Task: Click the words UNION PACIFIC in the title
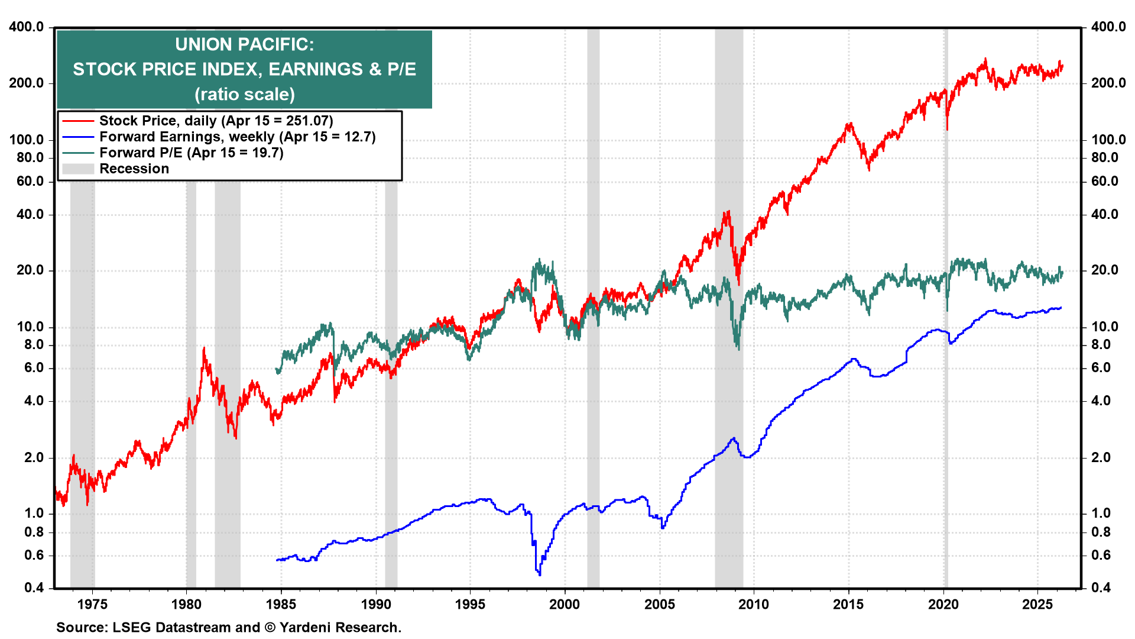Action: [244, 44]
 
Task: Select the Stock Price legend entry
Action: [216, 121]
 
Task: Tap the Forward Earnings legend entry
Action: [237, 137]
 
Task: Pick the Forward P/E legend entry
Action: [191, 153]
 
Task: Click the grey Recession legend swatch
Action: [78, 169]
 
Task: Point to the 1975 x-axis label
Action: [92, 604]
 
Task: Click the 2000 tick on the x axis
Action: [565, 604]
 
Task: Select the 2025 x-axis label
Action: [1037, 604]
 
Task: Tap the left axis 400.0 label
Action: [27, 27]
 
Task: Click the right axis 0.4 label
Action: [1101, 588]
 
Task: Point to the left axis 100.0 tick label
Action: [27, 140]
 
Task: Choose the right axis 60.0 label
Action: [1104, 181]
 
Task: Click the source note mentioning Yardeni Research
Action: [229, 627]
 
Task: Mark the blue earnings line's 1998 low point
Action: [539, 573]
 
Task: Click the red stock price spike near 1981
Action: [204, 349]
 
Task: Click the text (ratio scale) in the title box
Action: [244, 94]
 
